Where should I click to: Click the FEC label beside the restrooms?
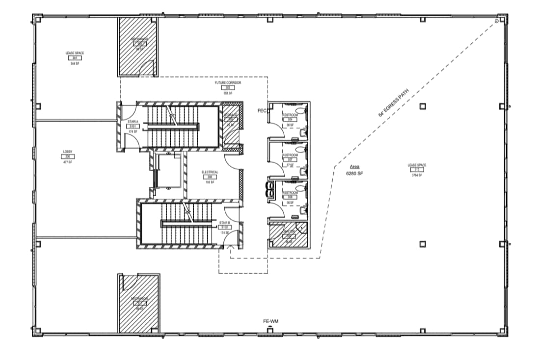point(262,111)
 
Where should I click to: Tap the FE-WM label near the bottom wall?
point(270,321)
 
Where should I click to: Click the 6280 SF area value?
point(354,173)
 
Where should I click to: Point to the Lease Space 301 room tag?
point(75,58)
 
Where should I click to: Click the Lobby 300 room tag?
point(68,156)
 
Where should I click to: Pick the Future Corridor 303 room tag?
point(228,88)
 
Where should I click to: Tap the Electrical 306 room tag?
point(210,177)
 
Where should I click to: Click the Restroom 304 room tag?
point(290,119)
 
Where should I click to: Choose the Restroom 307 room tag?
point(290,160)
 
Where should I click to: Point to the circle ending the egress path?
point(497,21)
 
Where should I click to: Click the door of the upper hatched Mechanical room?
point(147,69)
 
